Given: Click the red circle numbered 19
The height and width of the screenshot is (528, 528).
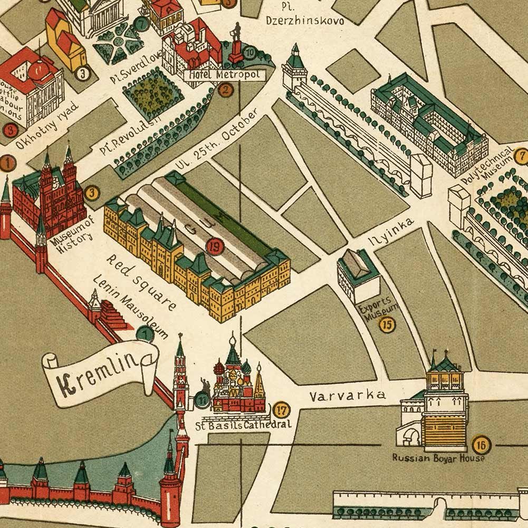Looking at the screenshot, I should pyautogui.click(x=214, y=246).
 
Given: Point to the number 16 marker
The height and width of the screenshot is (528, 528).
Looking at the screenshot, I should pyautogui.click(x=480, y=445).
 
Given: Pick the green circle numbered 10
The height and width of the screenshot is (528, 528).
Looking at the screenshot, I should pyautogui.click(x=249, y=52).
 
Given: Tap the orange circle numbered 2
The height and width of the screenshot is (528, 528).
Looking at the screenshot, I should pyautogui.click(x=225, y=90).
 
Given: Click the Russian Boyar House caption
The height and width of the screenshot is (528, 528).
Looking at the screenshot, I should pyautogui.click(x=438, y=458).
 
